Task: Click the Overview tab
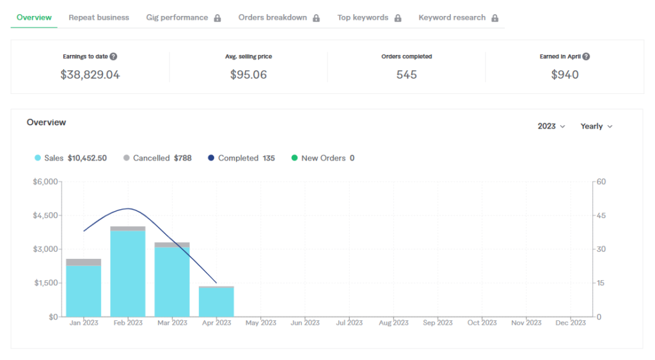point(35,17)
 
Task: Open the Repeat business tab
point(99,17)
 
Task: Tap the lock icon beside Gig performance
point(217,18)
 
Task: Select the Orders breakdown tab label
point(272,17)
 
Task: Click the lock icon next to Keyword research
point(495,18)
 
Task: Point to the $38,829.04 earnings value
point(90,75)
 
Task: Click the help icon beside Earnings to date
point(113,56)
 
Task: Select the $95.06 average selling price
point(249,75)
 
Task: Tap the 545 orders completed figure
point(406,75)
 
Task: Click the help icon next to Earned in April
point(586,56)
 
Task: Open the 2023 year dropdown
point(551,126)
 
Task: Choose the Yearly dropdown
point(597,126)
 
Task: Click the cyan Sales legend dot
point(38,158)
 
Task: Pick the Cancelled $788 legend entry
point(157,158)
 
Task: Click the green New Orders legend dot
point(294,158)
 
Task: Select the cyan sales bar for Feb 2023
point(128,274)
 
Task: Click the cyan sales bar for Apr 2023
point(216,302)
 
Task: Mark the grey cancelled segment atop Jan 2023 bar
point(84,262)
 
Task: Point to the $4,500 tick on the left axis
point(45,215)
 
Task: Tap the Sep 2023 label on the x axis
point(438,323)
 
